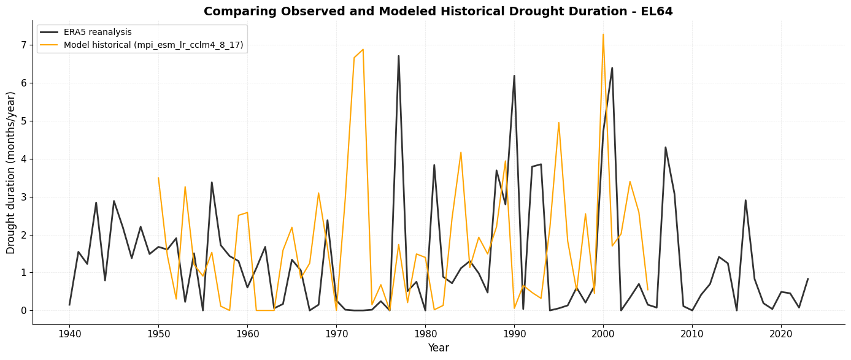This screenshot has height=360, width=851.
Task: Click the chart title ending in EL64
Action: (438, 12)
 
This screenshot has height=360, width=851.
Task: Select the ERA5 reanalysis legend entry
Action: (98, 33)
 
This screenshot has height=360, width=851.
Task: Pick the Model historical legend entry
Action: (153, 45)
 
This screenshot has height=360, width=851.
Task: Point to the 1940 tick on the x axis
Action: (69, 334)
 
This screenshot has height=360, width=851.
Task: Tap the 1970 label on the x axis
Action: (336, 334)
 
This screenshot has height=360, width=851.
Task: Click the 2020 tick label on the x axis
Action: (781, 334)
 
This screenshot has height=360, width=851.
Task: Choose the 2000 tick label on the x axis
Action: (603, 334)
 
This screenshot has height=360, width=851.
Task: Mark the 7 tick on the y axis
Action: (24, 45)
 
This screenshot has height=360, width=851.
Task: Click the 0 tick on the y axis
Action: (24, 311)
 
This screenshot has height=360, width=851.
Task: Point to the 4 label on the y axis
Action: (24, 159)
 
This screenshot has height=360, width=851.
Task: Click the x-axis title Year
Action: (438, 348)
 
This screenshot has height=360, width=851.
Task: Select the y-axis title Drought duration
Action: (12, 172)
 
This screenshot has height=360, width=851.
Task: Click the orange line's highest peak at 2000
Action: (603, 34)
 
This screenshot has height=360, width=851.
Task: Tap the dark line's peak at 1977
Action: (398, 56)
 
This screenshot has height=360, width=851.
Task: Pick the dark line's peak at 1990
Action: (514, 75)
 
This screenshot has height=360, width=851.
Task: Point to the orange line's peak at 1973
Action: (363, 50)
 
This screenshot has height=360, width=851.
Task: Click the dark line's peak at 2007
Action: (665, 147)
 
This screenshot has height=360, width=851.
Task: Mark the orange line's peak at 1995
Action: (558, 123)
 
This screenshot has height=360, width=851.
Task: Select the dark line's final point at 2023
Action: (807, 279)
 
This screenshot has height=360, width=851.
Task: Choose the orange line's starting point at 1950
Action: (158, 178)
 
